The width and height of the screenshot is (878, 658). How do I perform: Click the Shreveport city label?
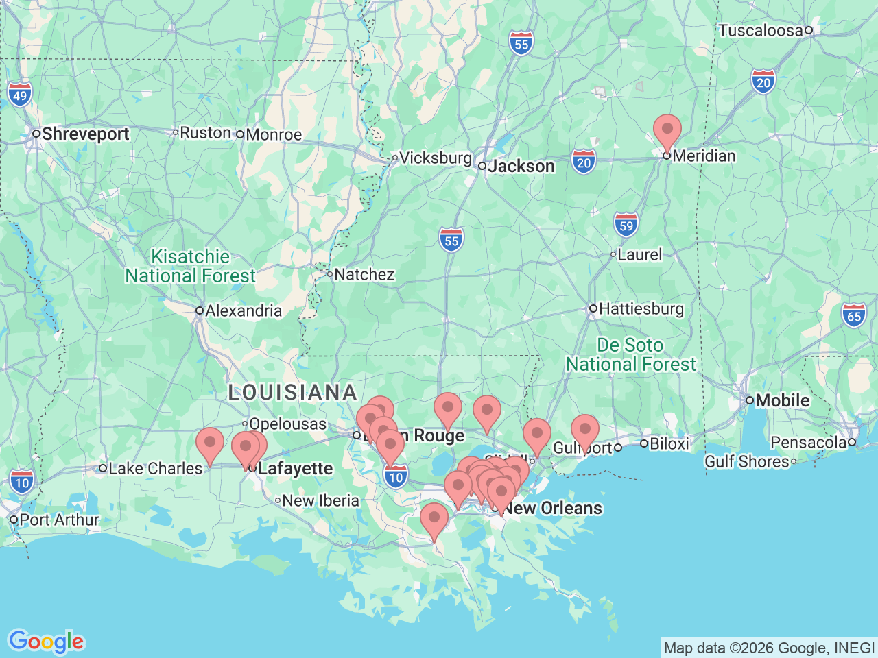click(x=85, y=134)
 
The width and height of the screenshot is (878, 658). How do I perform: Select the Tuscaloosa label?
click(x=760, y=30)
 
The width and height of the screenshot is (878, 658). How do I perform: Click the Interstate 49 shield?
click(x=20, y=95)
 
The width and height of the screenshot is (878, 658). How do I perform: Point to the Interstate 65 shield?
click(x=854, y=316)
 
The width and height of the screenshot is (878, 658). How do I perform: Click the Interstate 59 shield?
click(x=626, y=225)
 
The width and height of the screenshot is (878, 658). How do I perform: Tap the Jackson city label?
click(x=521, y=166)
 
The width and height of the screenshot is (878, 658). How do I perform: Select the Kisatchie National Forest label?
click(x=190, y=266)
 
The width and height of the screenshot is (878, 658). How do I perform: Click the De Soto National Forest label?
click(x=630, y=354)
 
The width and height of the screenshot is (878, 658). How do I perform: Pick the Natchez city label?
click(x=364, y=274)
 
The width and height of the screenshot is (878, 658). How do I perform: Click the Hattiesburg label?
click(x=641, y=308)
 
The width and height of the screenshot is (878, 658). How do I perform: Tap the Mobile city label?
click(x=783, y=400)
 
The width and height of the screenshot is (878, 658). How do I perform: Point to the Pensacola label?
click(x=809, y=442)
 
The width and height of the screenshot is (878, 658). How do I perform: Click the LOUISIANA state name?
click(x=293, y=392)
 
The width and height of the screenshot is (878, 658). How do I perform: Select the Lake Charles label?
click(x=156, y=468)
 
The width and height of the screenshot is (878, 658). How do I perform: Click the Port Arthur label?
click(x=59, y=520)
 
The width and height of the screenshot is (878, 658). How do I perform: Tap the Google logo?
click(x=46, y=642)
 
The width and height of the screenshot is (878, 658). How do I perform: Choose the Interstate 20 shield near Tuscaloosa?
click(x=763, y=82)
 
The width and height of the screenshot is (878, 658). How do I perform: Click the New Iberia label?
click(x=320, y=500)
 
